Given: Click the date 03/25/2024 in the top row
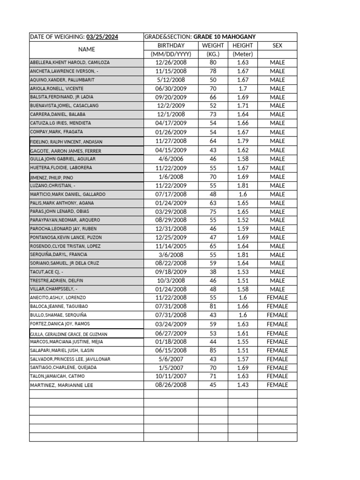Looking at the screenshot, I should click(102, 37).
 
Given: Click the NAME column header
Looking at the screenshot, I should click(86, 49).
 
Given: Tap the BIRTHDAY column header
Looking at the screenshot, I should click(171, 45).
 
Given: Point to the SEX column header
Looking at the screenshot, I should click(277, 45).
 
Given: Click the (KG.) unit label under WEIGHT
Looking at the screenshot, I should click(213, 54).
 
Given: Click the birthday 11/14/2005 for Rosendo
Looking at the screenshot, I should click(171, 246).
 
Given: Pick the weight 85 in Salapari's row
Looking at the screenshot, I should click(213, 350).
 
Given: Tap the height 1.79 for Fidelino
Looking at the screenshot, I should click(242, 141).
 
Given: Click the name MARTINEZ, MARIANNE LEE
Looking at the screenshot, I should click(61, 385).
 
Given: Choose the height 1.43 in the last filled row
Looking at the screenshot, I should click(242, 385).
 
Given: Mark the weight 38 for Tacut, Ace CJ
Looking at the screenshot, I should click(213, 272).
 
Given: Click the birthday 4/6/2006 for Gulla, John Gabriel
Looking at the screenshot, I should click(171, 159).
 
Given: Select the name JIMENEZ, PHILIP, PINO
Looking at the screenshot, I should click(52, 178).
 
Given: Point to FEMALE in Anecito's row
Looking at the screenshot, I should click(277, 298).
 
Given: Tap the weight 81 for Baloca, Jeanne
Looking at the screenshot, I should click(213, 306).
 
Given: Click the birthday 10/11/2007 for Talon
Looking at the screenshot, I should click(171, 376).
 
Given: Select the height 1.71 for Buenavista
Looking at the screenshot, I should click(242, 106).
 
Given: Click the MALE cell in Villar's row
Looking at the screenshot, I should click(277, 289).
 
